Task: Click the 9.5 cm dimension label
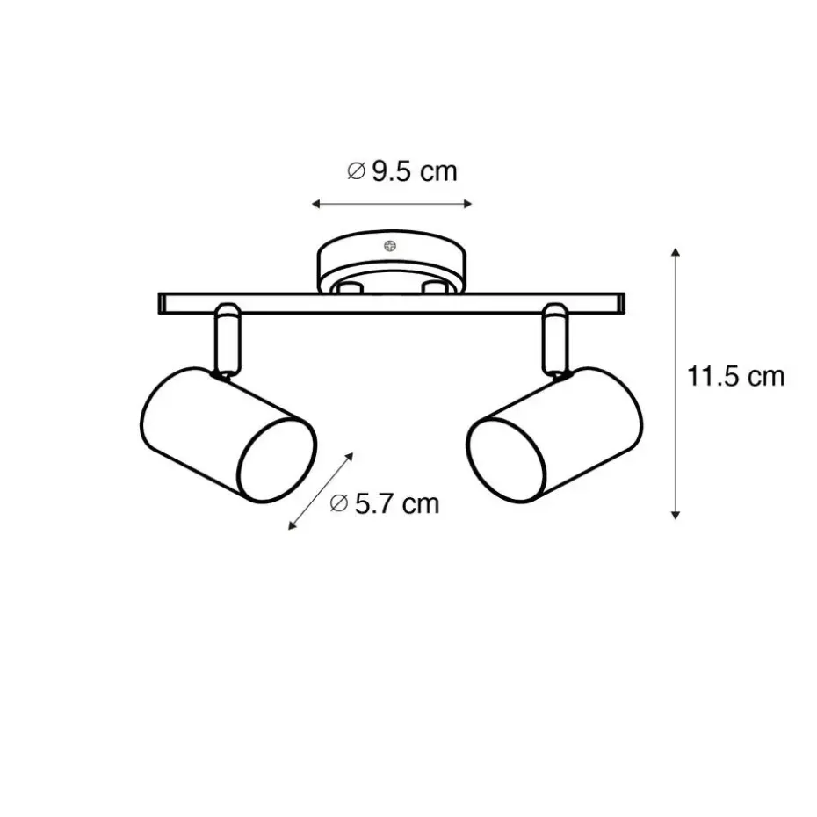[402, 171]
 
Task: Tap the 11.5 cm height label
[735, 376]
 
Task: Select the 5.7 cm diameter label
[385, 504]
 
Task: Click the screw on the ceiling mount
[390, 246]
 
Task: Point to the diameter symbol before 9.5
[356, 171]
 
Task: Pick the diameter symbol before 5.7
[339, 504]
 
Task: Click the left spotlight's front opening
[278, 461]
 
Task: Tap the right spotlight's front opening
[506, 461]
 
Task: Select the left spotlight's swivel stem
[228, 339]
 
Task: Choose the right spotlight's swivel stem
[555, 339]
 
